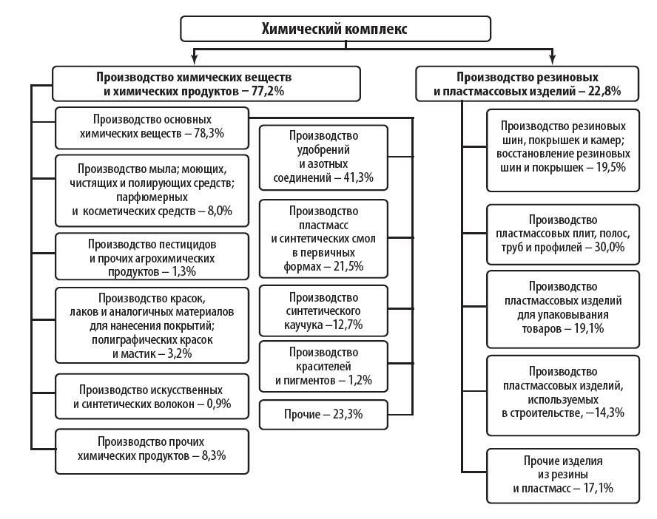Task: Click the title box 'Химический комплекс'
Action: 335,29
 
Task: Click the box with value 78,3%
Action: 152,126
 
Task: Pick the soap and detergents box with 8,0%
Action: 152,191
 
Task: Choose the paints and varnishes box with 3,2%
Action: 152,326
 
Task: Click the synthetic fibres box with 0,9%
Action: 152,396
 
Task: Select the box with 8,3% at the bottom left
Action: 152,449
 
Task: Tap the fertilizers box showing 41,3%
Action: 323,157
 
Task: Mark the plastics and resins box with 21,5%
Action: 323,238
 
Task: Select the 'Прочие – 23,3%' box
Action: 323,414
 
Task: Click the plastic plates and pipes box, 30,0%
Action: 562,234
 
